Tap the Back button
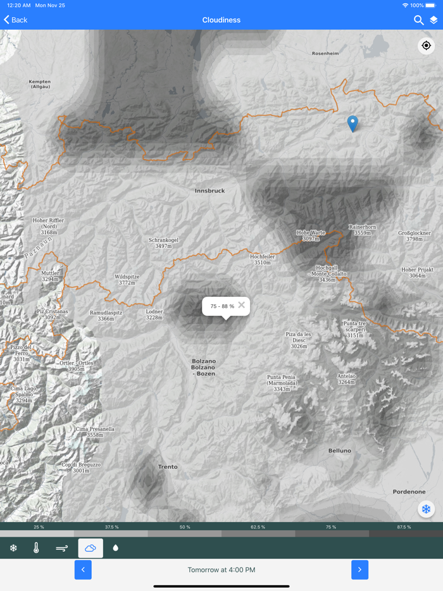[16, 20]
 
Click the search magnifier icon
[418, 20]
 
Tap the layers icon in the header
[434, 20]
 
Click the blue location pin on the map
[353, 123]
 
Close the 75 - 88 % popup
[241, 305]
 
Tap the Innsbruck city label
[209, 190]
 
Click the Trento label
[168, 467]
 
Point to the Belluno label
[339, 451]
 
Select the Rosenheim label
[325, 54]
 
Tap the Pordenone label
[408, 492]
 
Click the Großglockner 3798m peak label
[414, 236]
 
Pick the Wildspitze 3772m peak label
[127, 280]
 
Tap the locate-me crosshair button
[426, 46]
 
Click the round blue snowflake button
[426, 509]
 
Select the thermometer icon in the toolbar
[36, 548]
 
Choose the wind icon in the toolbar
[62, 548]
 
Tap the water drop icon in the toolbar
[115, 548]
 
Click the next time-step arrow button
[359, 569]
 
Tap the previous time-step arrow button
[83, 569]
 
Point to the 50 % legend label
[185, 527]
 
